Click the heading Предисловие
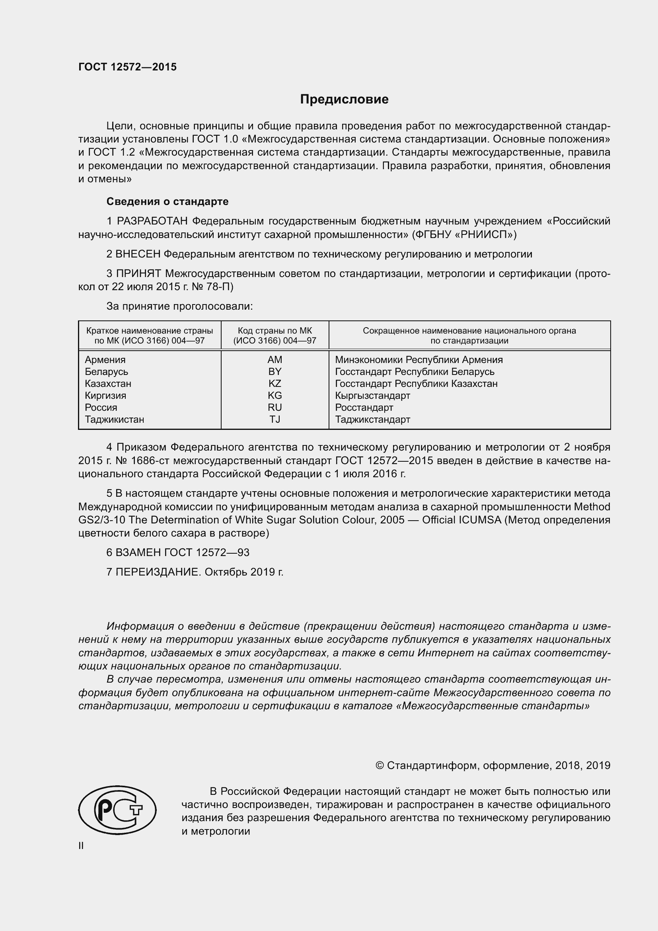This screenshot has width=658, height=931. point(344,100)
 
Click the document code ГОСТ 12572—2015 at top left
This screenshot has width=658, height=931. point(127,67)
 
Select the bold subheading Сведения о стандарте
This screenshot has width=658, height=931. point(167,201)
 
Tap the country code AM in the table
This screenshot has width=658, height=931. point(275,360)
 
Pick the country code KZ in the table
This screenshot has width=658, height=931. point(275,384)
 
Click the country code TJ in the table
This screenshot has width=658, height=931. point(275,419)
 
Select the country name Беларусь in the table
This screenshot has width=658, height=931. point(106,372)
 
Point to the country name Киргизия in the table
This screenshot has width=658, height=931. point(105,395)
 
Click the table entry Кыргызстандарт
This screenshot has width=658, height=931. point(372,395)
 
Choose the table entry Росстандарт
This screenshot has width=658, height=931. point(364,408)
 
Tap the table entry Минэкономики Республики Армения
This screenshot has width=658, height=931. point(419,360)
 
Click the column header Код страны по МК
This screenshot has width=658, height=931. point(275,331)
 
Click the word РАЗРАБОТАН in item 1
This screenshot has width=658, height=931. point(152,221)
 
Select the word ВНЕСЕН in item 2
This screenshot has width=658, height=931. point(138,254)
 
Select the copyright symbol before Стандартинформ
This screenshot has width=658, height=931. point(380,765)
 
